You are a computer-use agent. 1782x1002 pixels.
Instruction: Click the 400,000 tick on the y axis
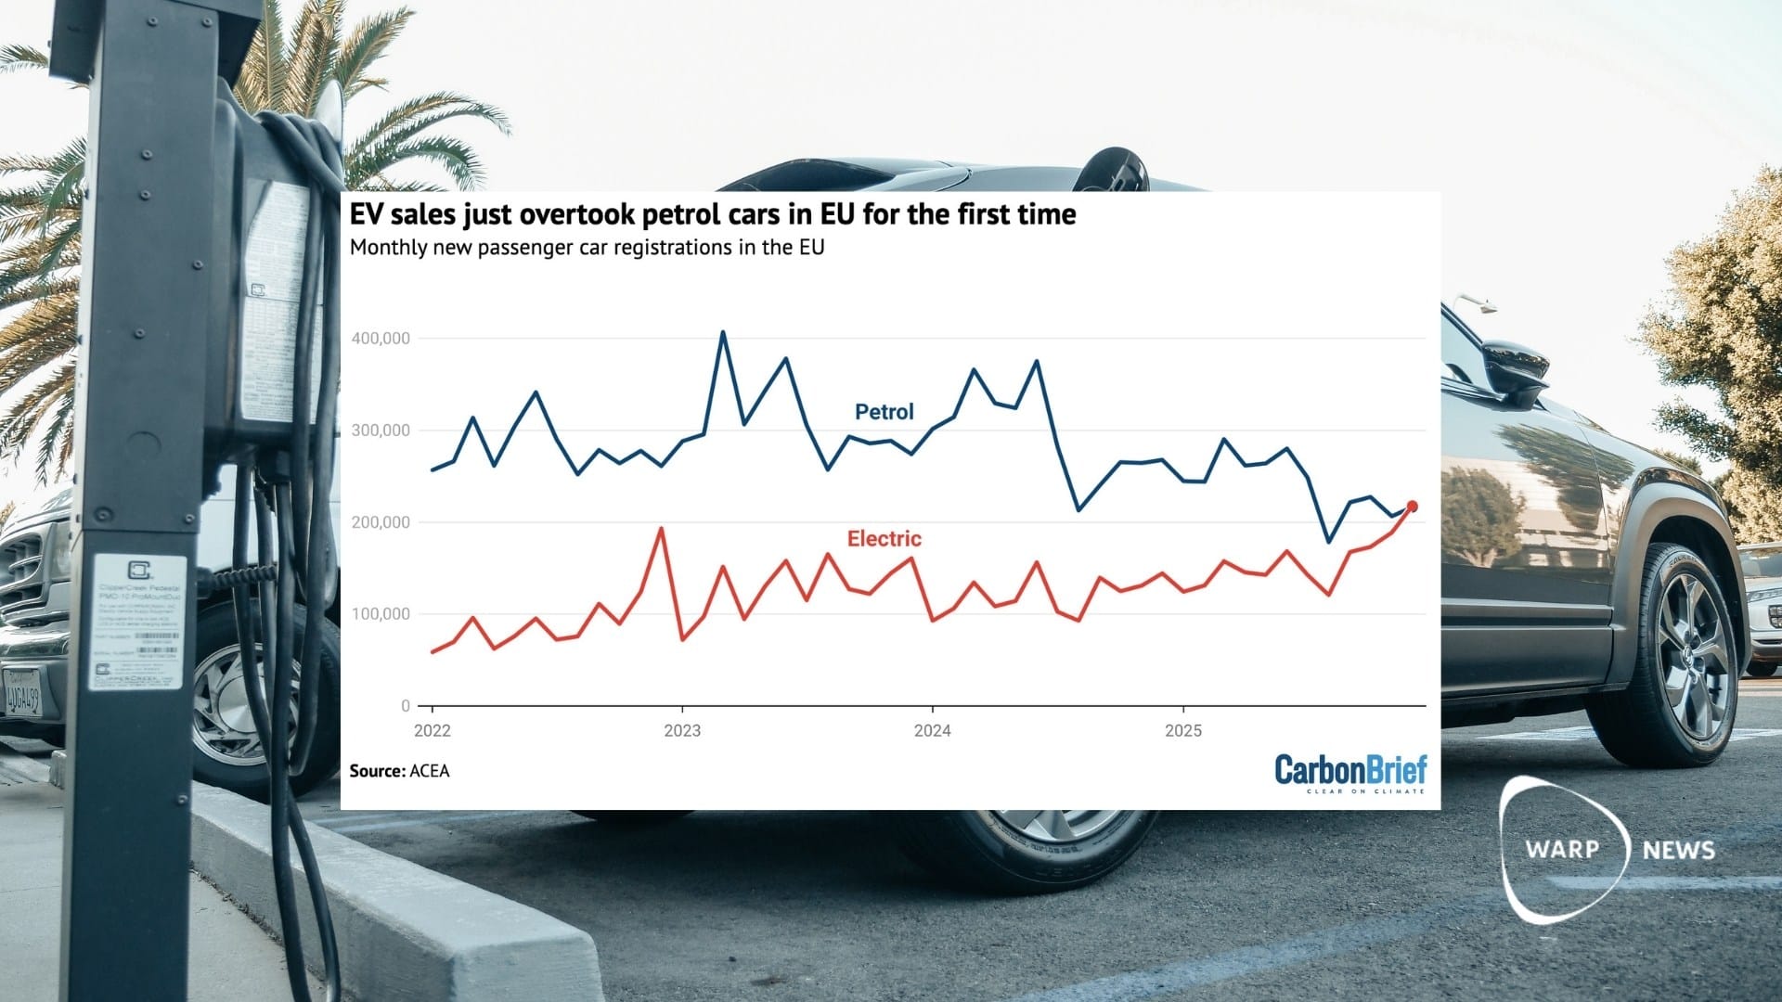coord(381,339)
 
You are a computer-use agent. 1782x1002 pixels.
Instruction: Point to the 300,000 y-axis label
coord(381,430)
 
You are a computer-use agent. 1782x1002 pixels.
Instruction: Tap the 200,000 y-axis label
coord(381,522)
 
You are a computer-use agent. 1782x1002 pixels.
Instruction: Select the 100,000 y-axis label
coord(381,614)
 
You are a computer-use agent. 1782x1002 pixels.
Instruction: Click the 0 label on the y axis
coord(406,706)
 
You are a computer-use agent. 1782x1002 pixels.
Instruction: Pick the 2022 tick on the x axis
coord(432,730)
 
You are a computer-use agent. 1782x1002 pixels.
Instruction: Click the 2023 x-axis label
coord(682,730)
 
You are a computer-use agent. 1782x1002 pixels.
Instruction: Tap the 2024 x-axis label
coord(932,730)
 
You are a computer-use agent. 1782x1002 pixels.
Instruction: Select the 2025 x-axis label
coord(1182,730)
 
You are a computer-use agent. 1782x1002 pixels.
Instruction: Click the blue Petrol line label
coord(884,412)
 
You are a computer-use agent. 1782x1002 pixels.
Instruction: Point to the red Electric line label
coord(884,539)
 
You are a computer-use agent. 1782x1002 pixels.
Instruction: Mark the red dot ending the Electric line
coord(1412,507)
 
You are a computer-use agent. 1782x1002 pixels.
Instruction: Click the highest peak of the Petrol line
coord(723,332)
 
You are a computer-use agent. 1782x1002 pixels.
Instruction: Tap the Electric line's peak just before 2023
coord(661,529)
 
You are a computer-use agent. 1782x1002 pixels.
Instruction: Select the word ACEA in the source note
coord(429,771)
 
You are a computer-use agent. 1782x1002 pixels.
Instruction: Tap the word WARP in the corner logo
coord(1562,849)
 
